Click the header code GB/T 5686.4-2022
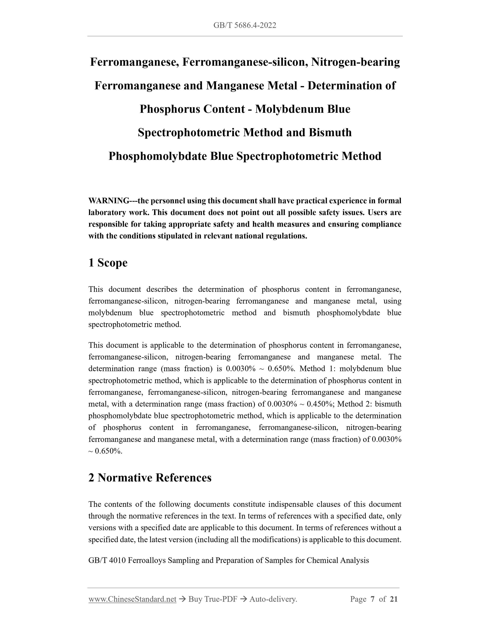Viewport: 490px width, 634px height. coord(245,25)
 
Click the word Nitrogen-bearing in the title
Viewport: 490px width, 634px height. coord(355,62)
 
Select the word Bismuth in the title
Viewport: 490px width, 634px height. coord(330,132)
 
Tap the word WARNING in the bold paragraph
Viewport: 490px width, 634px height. coord(109,201)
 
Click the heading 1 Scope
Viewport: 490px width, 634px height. coord(108,263)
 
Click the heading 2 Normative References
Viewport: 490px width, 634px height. coord(150,478)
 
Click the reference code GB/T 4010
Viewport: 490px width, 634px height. coord(107,560)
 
